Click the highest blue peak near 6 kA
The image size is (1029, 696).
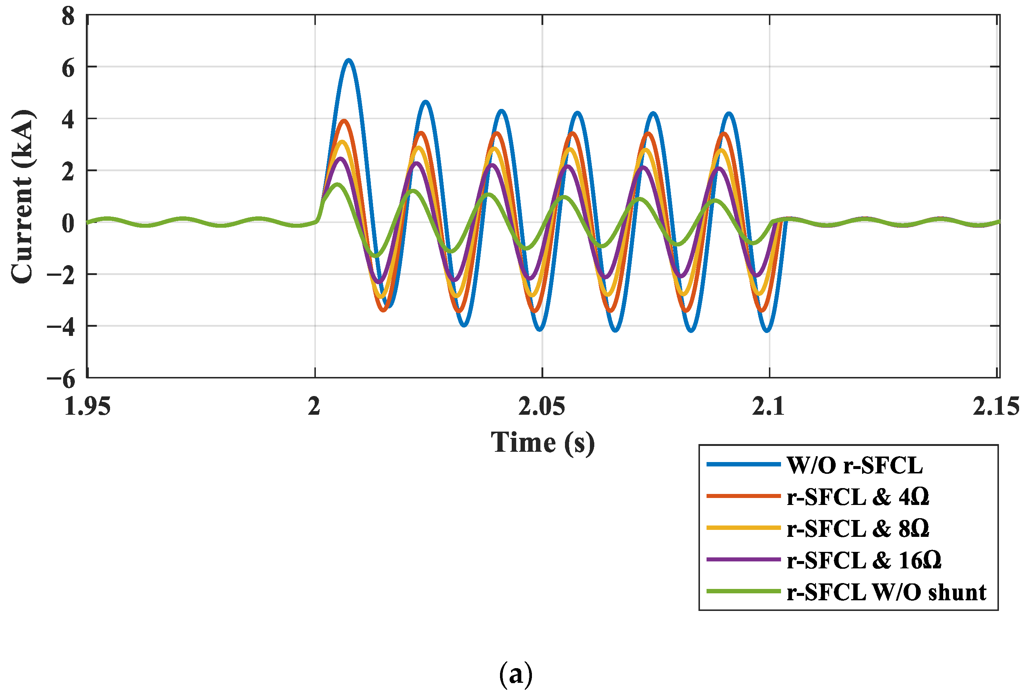click(x=349, y=61)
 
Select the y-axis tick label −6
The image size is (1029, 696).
click(x=62, y=379)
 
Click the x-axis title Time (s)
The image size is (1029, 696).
click(x=543, y=443)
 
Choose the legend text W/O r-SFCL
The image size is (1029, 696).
click(x=854, y=465)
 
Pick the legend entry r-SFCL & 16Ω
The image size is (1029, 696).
click(x=864, y=561)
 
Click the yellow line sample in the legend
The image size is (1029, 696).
click(x=743, y=528)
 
